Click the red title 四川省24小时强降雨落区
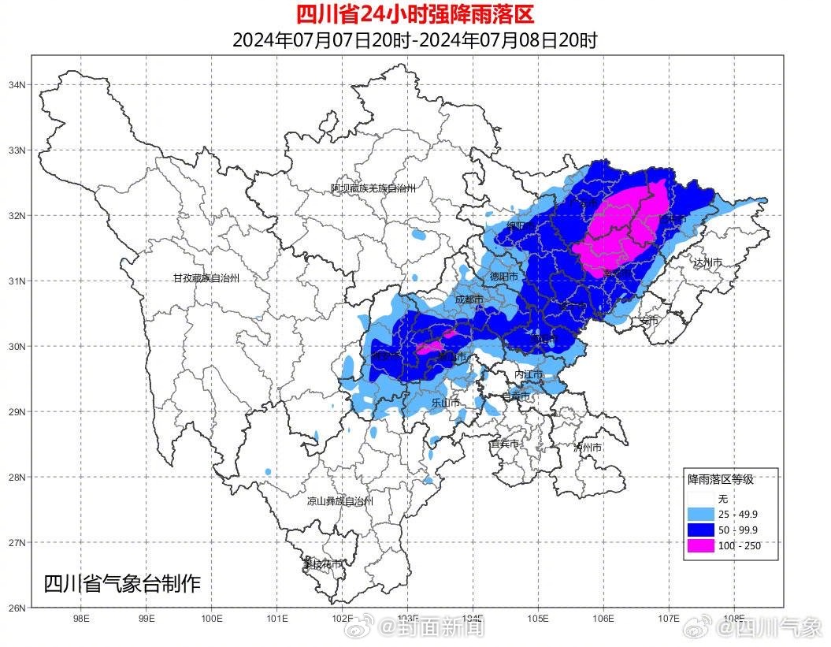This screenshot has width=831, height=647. pos(414,14)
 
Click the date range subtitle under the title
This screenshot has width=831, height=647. pos(414,40)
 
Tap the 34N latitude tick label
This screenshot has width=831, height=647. pos(17,84)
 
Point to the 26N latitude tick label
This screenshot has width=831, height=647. pos(17,608)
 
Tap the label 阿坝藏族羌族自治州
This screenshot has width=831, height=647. pos(373,188)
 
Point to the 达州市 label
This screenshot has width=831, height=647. pos(707,262)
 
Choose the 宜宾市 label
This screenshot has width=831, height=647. pos(504,444)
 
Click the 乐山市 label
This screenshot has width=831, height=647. pos(445,403)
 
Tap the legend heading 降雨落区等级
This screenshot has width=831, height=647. pos(721,479)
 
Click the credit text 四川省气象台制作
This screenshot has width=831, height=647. pos(122,584)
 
